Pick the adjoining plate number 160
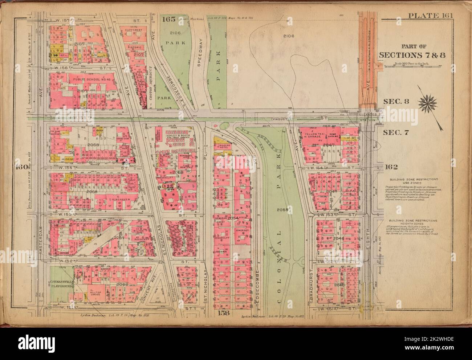21,167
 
